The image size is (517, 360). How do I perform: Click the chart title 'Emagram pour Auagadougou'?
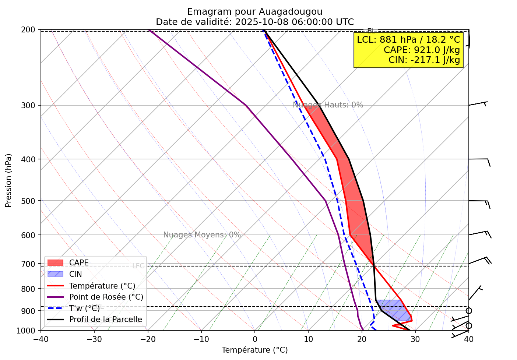point(254,12)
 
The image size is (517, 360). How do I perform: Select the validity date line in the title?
point(254,22)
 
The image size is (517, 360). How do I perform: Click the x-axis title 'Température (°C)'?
point(254,350)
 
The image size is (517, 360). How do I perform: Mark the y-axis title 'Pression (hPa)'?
point(8,180)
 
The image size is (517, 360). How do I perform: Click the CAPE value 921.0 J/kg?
point(422,50)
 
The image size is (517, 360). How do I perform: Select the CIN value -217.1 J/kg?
point(424,60)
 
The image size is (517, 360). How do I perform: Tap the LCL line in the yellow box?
point(408,39)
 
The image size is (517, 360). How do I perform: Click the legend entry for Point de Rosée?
point(106,297)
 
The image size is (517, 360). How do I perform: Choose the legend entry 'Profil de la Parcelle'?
point(105,320)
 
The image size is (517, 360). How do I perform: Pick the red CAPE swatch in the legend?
point(56,263)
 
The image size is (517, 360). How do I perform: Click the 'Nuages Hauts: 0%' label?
point(328,105)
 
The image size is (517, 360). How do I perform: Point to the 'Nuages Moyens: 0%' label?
point(202,235)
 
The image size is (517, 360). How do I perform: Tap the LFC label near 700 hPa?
point(138,266)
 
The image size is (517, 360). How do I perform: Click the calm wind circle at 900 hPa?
point(469,311)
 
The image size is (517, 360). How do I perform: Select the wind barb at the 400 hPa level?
point(479,160)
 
